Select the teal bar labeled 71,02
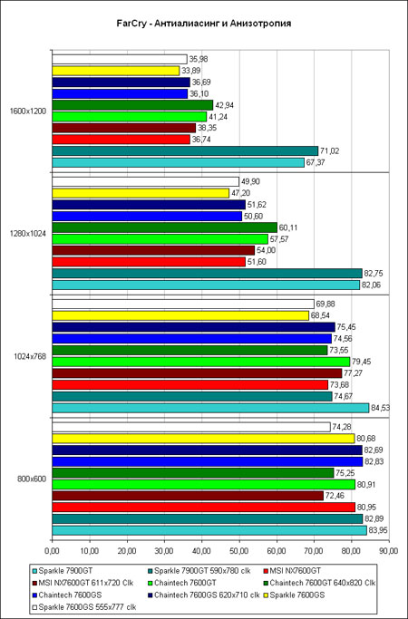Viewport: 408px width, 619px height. pyautogui.click(x=185, y=150)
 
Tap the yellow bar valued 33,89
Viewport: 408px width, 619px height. pyautogui.click(x=116, y=71)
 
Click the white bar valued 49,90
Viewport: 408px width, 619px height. pyautogui.click(x=145, y=181)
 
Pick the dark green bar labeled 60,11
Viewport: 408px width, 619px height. pyautogui.click(x=165, y=227)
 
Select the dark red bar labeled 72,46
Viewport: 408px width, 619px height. pyautogui.click(x=188, y=496)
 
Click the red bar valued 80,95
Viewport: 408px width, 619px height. pyautogui.click(x=204, y=508)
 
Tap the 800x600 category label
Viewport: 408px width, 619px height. pyautogui.click(x=32, y=479)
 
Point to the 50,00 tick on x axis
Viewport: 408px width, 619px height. pyautogui.click(x=239, y=549)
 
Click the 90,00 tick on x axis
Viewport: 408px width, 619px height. pyautogui.click(x=389, y=549)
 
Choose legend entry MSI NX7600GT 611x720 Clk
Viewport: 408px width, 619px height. pyautogui.click(x=83, y=583)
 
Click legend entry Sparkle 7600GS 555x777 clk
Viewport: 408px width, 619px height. pyautogui.click(x=84, y=607)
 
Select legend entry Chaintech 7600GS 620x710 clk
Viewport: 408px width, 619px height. pyautogui.click(x=204, y=595)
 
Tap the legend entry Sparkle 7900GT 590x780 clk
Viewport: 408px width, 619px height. pyautogui.click(x=199, y=571)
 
